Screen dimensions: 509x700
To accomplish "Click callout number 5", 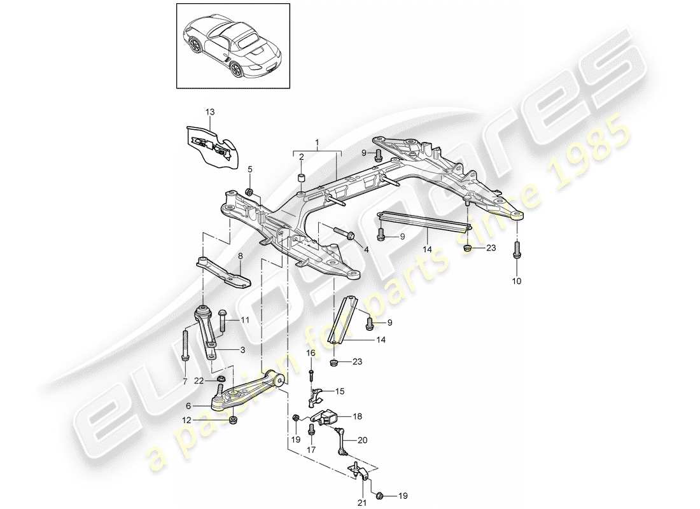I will [250, 169].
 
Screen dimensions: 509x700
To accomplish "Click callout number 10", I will [515, 281].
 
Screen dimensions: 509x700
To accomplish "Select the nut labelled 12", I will [234, 421].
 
